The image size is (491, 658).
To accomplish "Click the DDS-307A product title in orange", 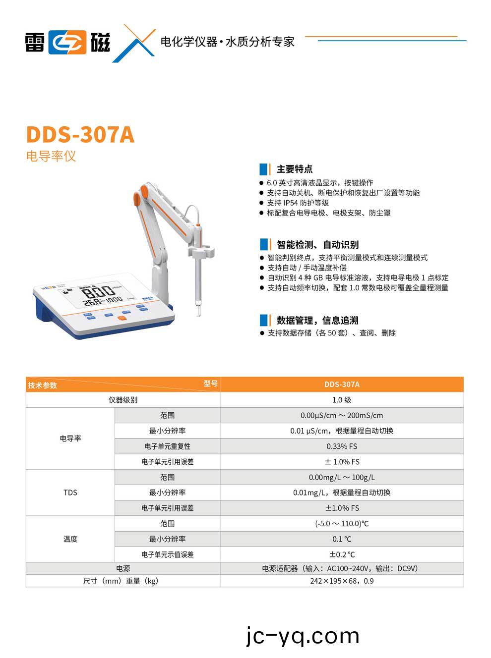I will pyautogui.click(x=80, y=135).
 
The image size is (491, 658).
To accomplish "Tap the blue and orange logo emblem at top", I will pyautogui.click(x=67, y=42).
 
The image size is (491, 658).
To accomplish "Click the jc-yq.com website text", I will pyautogui.click(x=303, y=636).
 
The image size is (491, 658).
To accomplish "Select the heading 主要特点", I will pyautogui.click(x=294, y=169).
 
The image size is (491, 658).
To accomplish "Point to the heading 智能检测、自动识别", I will pyautogui.click(x=317, y=244).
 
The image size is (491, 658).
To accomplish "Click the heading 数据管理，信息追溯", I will pyautogui.click(x=317, y=320).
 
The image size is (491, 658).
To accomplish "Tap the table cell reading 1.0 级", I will pyautogui.click(x=342, y=400).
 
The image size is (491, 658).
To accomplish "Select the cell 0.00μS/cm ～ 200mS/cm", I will pyautogui.click(x=342, y=415).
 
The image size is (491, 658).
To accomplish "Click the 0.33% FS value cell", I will pyautogui.click(x=342, y=446).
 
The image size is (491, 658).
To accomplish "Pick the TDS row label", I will pyautogui.click(x=70, y=493).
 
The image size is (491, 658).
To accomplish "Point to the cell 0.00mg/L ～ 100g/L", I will pyautogui.click(x=342, y=477).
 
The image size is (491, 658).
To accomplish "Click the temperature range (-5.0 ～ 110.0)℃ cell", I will pyautogui.click(x=342, y=523).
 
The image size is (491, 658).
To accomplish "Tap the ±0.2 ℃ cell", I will pyautogui.click(x=342, y=554).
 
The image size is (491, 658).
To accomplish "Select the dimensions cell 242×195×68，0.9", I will pyautogui.click(x=342, y=581).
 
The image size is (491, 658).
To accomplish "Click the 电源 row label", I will pyautogui.click(x=123, y=568).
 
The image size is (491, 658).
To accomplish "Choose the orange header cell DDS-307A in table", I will pyautogui.click(x=342, y=384).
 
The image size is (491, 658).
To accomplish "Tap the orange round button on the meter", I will pyautogui.click(x=122, y=318).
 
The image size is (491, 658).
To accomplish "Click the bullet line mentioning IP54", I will pyautogui.click(x=298, y=203).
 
